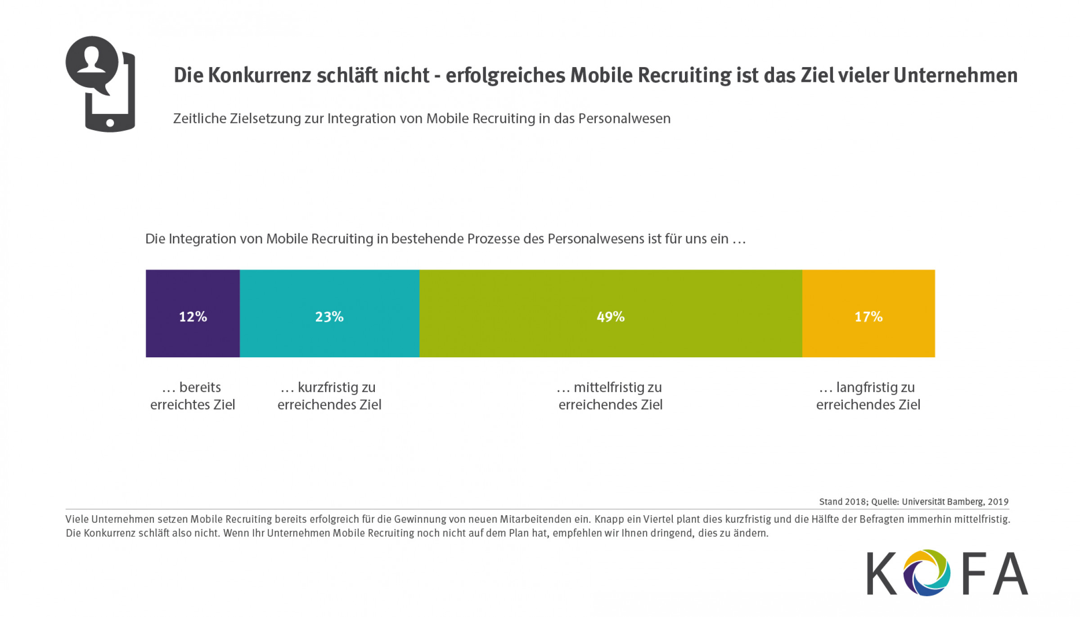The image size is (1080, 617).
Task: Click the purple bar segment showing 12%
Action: [x=193, y=313]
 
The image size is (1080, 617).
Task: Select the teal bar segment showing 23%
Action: [x=329, y=313]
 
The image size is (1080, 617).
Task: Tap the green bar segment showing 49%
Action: [x=611, y=313]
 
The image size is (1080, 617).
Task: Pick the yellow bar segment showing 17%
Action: [x=868, y=313]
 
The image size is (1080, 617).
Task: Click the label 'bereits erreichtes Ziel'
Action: [x=193, y=396]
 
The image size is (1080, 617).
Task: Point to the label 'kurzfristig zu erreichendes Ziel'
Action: [x=329, y=396]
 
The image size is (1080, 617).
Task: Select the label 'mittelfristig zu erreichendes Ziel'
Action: [x=611, y=396]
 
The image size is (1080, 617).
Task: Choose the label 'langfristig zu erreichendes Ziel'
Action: [x=868, y=396]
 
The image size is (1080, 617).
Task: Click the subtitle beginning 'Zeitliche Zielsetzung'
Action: [x=422, y=118]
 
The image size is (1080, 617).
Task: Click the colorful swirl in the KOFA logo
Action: [x=927, y=573]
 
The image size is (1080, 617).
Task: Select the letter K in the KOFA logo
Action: [x=881, y=573]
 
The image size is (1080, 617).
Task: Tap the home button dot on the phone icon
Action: [x=110, y=122]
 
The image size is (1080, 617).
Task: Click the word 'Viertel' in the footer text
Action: [x=657, y=519]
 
